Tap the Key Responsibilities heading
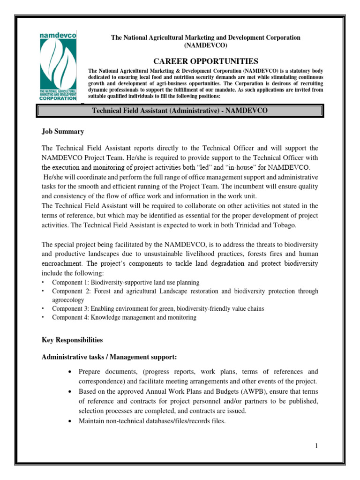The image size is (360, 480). click(x=72, y=339)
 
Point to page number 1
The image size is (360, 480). click(x=317, y=446)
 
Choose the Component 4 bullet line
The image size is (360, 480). click(x=124, y=317)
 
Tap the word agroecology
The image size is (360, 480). click(x=68, y=300)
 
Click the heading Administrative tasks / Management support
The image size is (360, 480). click(x=109, y=357)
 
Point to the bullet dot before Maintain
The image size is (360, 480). click(x=69, y=421)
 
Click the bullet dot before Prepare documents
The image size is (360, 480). click(x=69, y=371)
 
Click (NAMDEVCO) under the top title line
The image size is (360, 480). click(x=206, y=45)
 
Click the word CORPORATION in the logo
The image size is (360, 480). click(x=58, y=98)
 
